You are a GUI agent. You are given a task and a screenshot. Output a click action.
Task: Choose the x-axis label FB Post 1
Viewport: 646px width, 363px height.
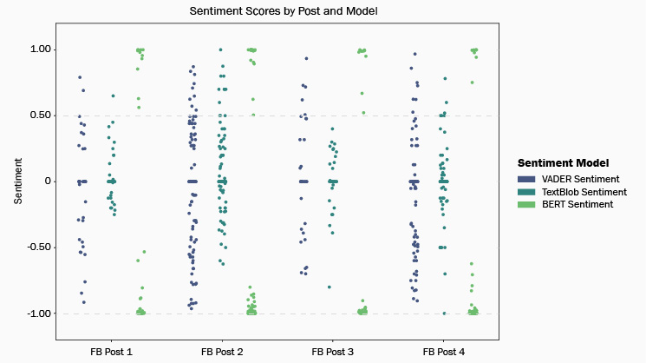[x=112, y=353]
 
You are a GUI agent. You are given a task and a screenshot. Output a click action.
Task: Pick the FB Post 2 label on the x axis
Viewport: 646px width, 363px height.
[x=222, y=353]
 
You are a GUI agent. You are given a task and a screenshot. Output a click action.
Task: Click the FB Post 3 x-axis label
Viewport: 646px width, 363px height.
[x=332, y=353]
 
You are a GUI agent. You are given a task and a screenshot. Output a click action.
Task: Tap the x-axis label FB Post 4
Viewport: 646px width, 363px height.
[x=443, y=353]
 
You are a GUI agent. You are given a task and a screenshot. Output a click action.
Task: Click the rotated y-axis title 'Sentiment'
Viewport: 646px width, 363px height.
[x=18, y=181]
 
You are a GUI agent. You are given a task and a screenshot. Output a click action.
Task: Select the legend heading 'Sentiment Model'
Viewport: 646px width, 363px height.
[x=563, y=162]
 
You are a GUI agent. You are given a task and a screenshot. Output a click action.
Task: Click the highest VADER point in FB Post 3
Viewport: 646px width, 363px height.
[x=306, y=59]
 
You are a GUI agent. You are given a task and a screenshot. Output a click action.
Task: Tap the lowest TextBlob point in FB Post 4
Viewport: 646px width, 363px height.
[x=444, y=313]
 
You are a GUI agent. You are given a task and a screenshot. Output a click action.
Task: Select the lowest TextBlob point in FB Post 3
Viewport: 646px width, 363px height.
[x=330, y=287]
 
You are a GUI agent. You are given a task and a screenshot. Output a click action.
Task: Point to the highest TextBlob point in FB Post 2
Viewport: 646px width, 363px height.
[x=220, y=50]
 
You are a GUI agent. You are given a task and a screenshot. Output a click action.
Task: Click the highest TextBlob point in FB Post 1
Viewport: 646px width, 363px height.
[x=113, y=96]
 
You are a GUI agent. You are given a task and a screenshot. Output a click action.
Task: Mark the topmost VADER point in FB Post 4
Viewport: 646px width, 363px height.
[x=414, y=55]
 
